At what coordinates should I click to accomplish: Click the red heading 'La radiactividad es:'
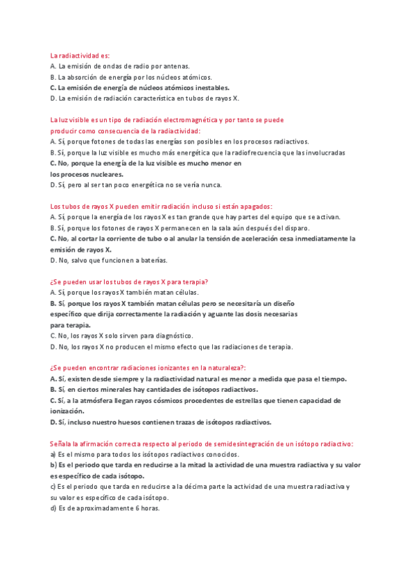coord(80,55)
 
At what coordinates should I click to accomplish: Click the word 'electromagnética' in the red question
coord(189,120)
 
